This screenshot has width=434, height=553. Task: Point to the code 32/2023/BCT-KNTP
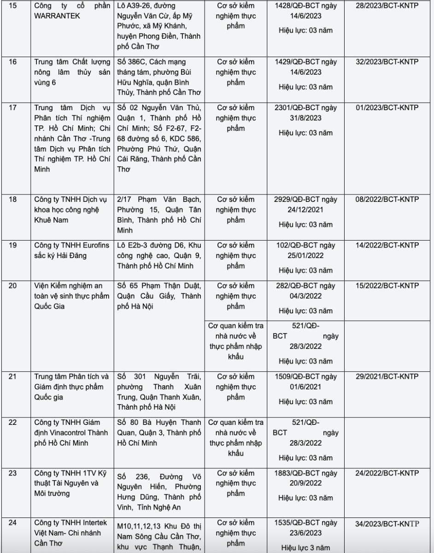(387, 62)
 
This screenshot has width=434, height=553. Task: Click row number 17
(13, 108)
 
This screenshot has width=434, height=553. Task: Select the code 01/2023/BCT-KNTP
(387, 108)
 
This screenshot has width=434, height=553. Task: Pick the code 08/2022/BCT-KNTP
(387, 200)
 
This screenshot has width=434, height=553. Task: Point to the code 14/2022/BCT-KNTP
(387, 246)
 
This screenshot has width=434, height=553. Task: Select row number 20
(13, 286)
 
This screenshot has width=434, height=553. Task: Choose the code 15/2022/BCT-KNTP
(387, 286)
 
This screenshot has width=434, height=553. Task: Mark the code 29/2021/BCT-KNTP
(387, 377)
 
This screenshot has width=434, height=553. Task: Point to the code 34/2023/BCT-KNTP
(387, 524)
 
